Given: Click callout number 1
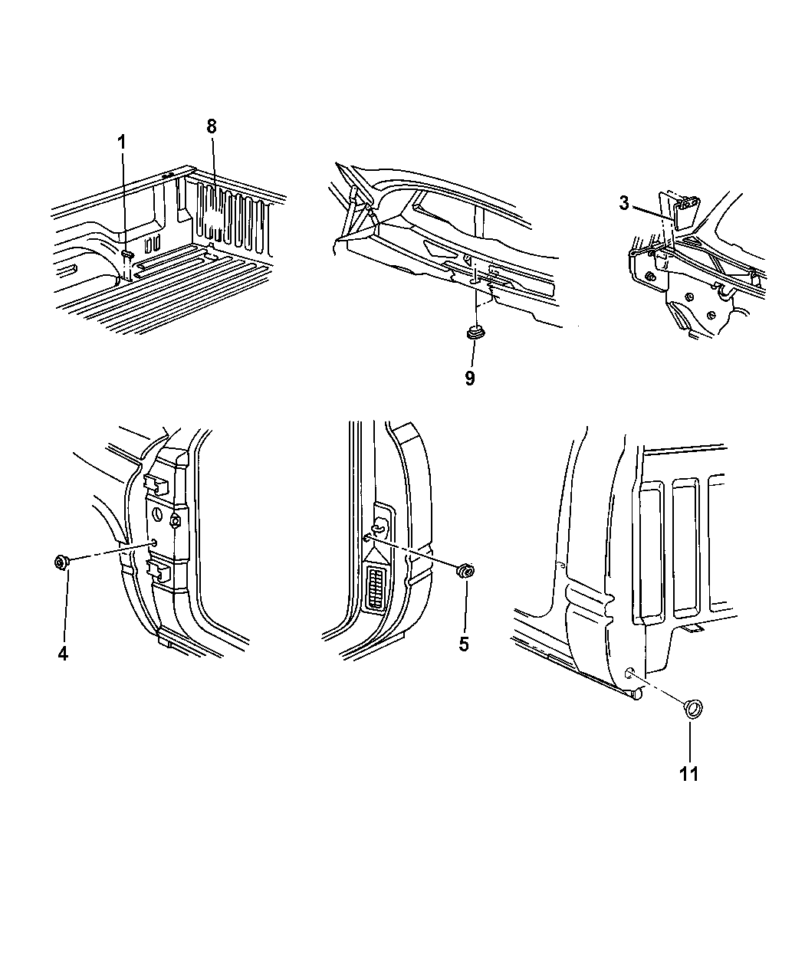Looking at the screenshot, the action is coord(122,143).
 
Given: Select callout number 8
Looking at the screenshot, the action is coord(212,126).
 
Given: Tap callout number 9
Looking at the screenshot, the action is coord(470,378).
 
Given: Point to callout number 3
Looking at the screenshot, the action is coord(624,204).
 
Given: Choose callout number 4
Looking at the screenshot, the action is coord(63,654).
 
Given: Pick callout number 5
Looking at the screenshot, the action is coord(464,644).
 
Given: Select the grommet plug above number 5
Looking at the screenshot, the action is coord(465,572).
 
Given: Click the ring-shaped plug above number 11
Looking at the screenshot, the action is coord(693,722).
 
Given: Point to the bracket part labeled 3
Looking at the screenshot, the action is coord(684,211).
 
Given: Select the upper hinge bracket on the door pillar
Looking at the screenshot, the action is coord(156,484).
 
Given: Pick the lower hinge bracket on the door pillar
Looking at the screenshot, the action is coord(157,570).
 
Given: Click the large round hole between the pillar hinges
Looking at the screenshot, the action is coord(158,516).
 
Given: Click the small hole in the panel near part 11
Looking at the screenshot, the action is coord(629,672).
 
